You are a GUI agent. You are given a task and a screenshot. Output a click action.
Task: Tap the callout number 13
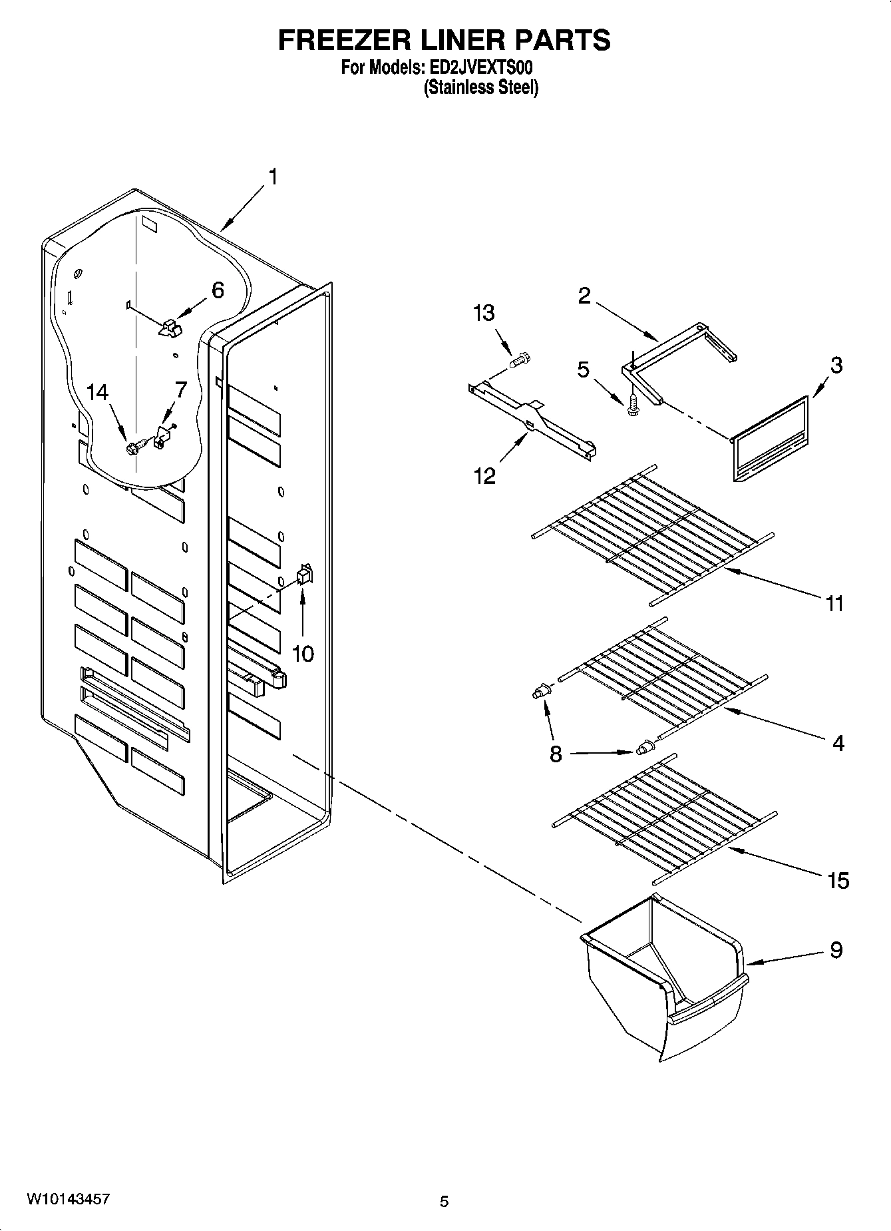pos(484,313)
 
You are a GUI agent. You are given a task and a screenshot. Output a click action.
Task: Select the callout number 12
pos(484,476)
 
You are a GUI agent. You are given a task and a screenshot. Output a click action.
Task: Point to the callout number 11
pos(834,604)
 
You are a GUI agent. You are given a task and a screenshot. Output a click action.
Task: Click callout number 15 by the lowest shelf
pos(838,881)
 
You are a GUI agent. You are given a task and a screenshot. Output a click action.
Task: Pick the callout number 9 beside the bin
pos(836,950)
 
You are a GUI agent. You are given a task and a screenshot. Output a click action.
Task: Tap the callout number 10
pos(303,654)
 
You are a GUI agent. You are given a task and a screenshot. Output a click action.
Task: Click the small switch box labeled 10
pos(303,575)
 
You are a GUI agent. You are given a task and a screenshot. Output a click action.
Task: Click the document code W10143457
pos(68,1198)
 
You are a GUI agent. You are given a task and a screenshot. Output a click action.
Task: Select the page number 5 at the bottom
pos(444,1201)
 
